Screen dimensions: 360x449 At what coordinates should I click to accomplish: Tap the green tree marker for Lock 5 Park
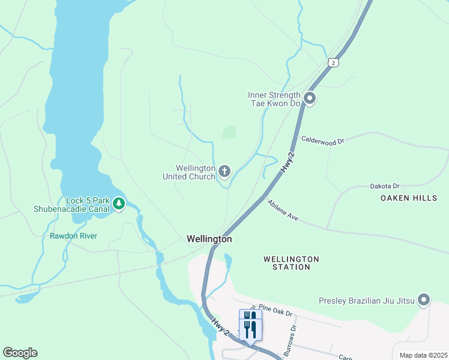click(x=119, y=204)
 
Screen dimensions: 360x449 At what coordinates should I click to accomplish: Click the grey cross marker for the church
click(x=224, y=172)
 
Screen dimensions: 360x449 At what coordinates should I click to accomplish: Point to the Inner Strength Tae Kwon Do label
click(x=274, y=99)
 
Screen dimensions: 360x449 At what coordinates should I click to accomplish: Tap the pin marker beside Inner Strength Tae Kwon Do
click(x=310, y=98)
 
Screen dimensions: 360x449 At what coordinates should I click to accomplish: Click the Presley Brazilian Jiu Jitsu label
click(x=366, y=301)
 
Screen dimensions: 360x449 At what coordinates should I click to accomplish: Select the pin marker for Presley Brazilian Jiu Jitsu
click(x=424, y=299)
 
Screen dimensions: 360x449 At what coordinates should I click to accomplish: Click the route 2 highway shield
click(x=333, y=62)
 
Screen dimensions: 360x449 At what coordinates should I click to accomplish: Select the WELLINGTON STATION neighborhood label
click(x=291, y=263)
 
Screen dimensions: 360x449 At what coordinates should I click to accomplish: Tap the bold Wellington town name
click(x=209, y=239)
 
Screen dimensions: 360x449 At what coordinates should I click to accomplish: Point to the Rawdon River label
click(x=73, y=236)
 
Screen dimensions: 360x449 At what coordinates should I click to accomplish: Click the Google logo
click(x=20, y=353)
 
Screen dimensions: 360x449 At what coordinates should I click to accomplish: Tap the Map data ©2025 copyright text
click(x=423, y=355)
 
